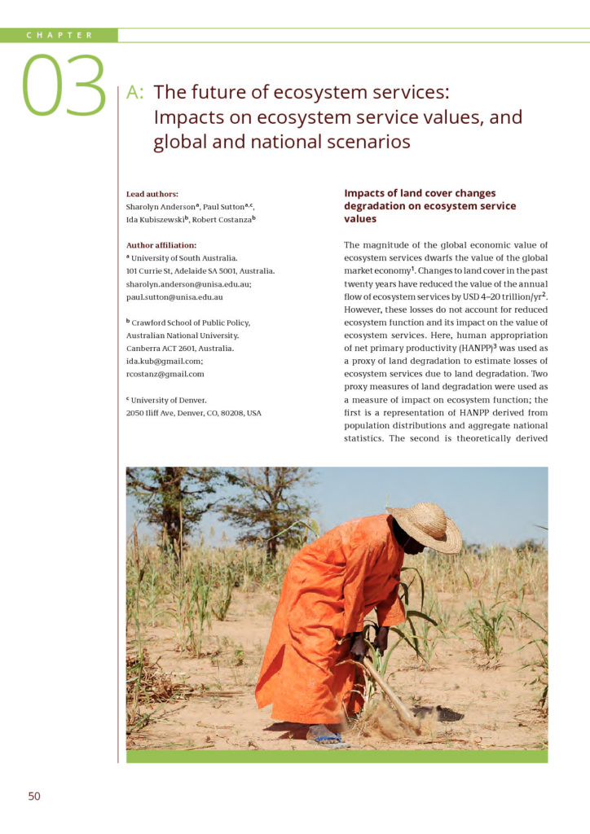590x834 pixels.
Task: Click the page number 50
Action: coord(33,796)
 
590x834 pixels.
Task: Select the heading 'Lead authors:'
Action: coord(152,194)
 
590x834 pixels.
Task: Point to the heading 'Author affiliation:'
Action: coord(161,244)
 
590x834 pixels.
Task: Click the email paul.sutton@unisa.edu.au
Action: coord(174,297)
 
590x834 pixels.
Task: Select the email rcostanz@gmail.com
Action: coord(165,374)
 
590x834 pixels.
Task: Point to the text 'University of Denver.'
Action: coord(168,400)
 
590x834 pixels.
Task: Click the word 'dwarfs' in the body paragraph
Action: coord(465,257)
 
